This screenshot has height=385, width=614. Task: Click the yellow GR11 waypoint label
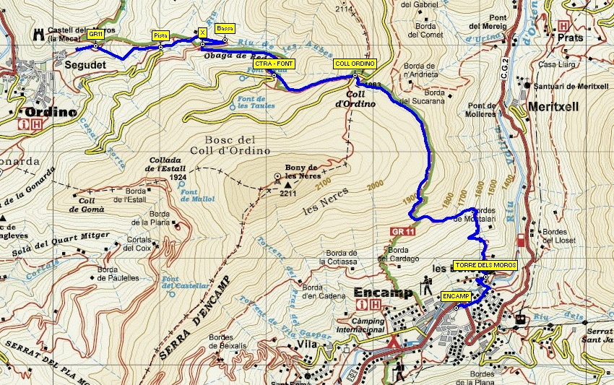coord(95,34)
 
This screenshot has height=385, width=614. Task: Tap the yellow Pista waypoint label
coord(160,35)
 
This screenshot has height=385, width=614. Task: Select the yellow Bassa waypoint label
coord(225,28)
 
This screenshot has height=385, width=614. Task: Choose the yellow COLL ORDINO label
coord(355,64)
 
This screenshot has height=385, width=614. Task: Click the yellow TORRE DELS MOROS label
coord(485,264)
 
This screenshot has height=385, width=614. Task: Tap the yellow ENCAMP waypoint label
coord(456,296)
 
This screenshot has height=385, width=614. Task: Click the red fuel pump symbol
coord(522,240)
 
